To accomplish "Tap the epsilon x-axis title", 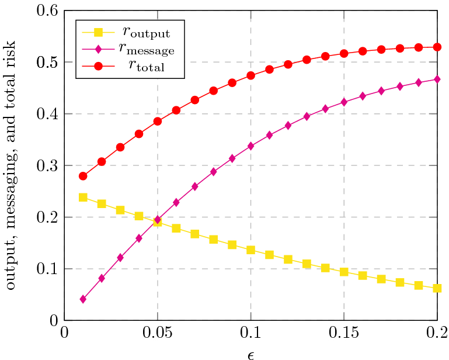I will click(x=250, y=354).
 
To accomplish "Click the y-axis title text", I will click(x=12, y=165).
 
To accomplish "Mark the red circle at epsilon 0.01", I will click(x=83, y=176).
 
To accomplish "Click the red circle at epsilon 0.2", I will click(x=437, y=47).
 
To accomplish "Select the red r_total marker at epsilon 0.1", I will click(x=250, y=75).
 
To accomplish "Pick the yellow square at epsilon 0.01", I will click(x=83, y=198).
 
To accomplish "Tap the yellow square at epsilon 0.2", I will click(x=437, y=288).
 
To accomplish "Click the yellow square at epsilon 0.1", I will click(x=250, y=250).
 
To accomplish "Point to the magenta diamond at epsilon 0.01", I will click(x=83, y=299).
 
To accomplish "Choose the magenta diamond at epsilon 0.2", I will click(x=437, y=79).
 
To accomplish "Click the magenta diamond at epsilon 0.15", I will click(x=344, y=102).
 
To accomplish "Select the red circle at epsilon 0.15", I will click(x=344, y=53).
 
